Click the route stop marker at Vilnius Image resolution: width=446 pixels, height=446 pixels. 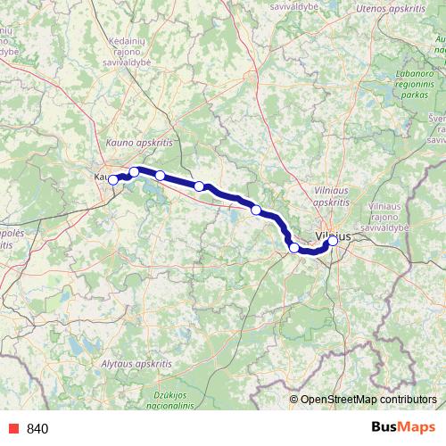click(333, 240)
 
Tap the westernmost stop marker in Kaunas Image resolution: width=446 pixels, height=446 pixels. click(113, 180)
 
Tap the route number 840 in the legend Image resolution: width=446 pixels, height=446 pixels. click(38, 428)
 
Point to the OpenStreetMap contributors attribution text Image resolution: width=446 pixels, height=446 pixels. click(368, 399)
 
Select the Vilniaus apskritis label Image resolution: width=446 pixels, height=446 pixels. click(336, 196)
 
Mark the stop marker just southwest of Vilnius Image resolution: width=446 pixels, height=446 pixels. click(294, 247)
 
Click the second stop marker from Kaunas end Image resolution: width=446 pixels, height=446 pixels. click(135, 171)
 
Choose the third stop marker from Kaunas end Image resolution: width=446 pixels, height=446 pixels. click(161, 175)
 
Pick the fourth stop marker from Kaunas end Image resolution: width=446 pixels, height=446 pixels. click(200, 186)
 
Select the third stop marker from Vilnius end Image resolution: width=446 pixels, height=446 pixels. click(257, 210)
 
